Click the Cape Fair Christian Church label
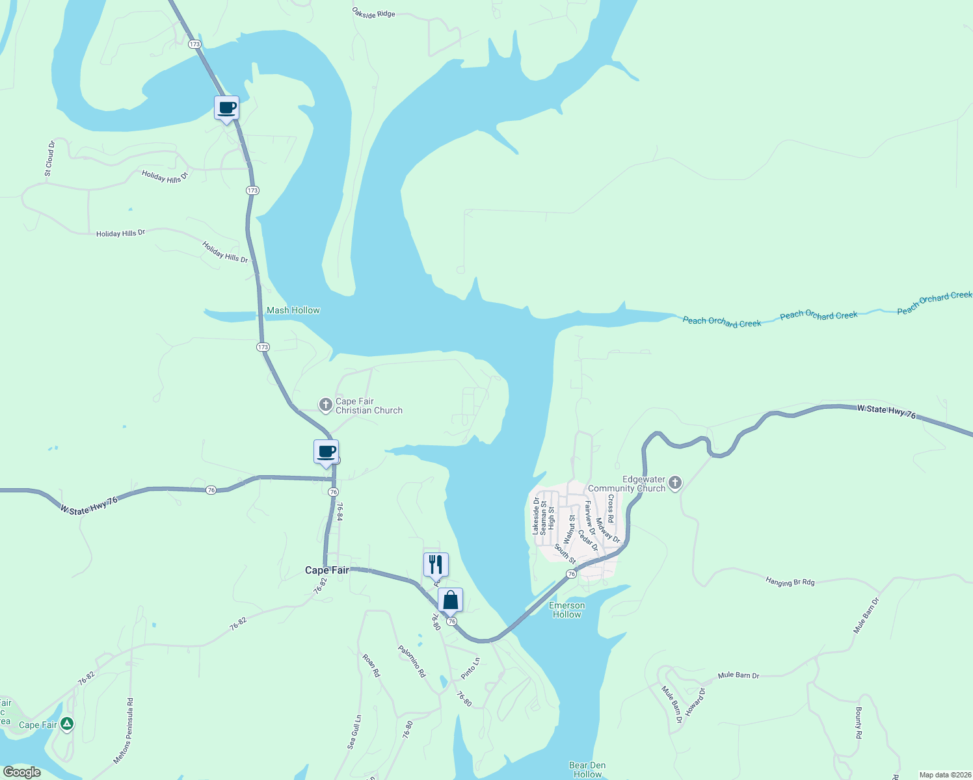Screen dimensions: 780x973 [368, 406]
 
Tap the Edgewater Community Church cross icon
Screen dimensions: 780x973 [675, 482]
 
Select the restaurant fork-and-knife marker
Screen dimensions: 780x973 [436, 565]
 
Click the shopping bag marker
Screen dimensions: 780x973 [450, 600]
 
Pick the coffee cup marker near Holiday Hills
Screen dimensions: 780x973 [226, 108]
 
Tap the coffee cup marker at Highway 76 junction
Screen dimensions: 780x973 [327, 452]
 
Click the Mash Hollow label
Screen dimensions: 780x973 [293, 311]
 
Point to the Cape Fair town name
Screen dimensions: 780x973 [327, 570]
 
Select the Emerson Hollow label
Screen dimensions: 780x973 [566, 610]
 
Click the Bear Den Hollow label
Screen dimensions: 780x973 [587, 770]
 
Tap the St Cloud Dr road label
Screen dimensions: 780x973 [49, 159]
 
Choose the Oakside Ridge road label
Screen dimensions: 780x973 [373, 13]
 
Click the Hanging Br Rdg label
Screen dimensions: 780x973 [790, 582]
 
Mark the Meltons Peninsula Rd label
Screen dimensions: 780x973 [124, 731]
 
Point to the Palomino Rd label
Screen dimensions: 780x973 [412, 662]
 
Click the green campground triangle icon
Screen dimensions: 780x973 [66, 723]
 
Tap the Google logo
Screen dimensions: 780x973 [22, 772]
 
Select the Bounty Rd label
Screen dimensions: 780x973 [859, 723]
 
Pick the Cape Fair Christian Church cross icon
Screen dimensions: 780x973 [325, 405]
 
